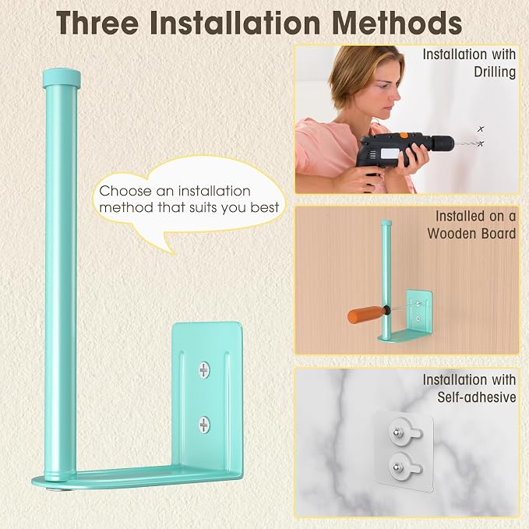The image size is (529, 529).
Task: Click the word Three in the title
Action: [x=97, y=23]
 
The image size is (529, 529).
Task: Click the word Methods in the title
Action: [x=397, y=23]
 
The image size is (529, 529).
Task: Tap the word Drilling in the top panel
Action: [x=495, y=72]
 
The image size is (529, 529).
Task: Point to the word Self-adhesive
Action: [x=477, y=397]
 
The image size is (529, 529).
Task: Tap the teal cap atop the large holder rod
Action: [x=62, y=78]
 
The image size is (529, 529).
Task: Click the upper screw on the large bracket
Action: [x=204, y=370]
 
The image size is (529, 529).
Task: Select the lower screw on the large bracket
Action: [x=204, y=425]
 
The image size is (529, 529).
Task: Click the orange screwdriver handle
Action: [x=365, y=315]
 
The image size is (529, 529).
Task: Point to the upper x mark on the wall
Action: [x=481, y=129]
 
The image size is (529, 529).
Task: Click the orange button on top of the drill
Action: [x=404, y=135]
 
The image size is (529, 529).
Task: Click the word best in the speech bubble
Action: [x=265, y=207]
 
